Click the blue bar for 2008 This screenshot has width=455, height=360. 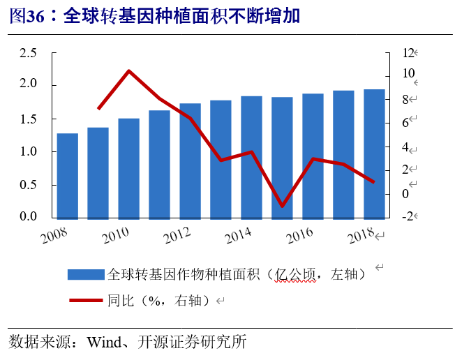pos(67,175)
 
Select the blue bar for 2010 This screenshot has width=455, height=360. pos(128,168)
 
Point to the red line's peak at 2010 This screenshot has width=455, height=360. pos(129,70)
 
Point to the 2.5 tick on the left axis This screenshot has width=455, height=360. pos(28,52)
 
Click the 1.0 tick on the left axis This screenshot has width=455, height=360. pos(28,151)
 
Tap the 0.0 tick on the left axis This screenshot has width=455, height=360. pos(28,217)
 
